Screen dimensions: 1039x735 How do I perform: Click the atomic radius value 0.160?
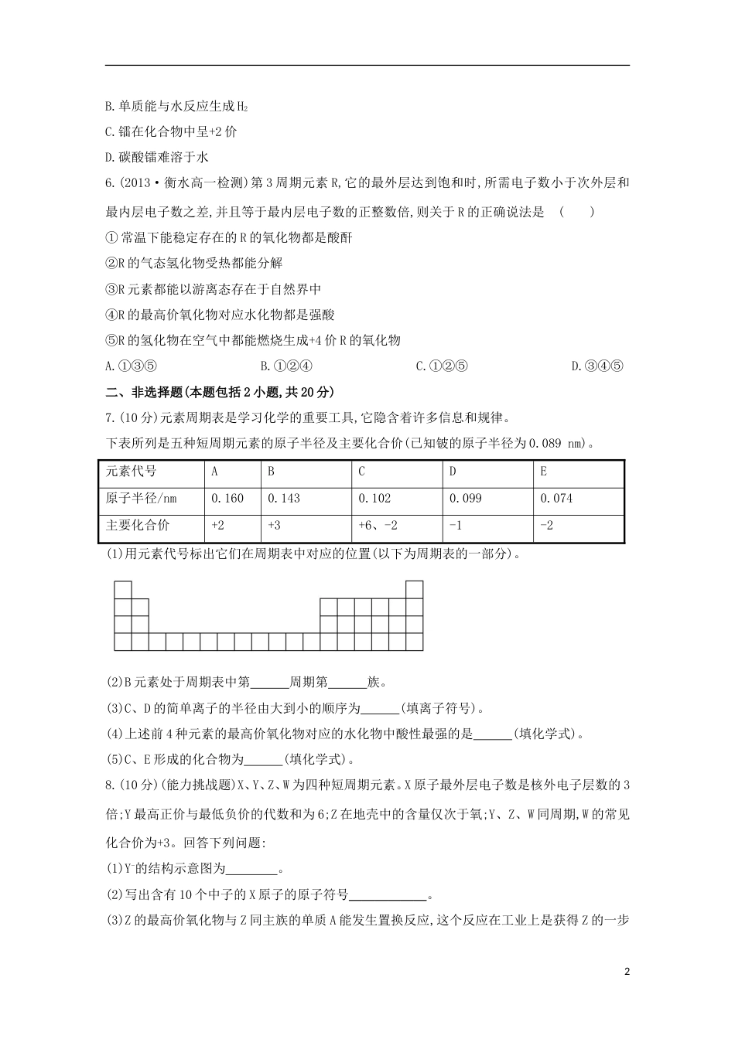[x=227, y=499]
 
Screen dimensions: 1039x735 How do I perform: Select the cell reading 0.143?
[x=284, y=499]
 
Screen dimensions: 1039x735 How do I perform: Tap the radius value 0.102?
[x=375, y=499]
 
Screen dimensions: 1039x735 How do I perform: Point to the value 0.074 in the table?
[x=556, y=499]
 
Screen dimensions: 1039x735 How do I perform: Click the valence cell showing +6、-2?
[x=378, y=526]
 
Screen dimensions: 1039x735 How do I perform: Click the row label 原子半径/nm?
[x=142, y=499]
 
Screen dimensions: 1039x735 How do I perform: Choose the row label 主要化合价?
[x=137, y=526]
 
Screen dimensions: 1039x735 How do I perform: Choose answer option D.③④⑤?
[x=597, y=366]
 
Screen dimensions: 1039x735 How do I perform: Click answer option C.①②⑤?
[x=442, y=366]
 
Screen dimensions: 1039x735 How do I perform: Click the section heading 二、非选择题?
[x=151, y=392]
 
